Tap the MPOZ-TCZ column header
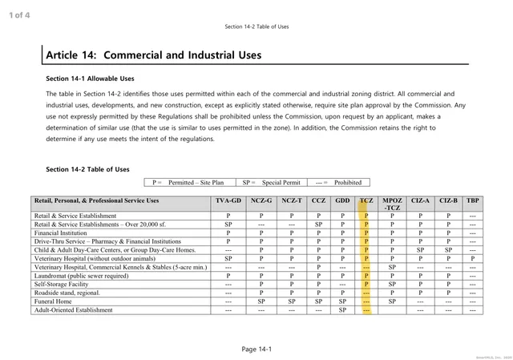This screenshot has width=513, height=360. pyautogui.click(x=393, y=204)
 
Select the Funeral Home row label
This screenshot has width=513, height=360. pyautogui.click(x=52, y=301)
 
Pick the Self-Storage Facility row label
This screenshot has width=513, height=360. pyautogui.click(x=61, y=284)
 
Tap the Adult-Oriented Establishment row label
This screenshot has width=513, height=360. pyautogui.click(x=74, y=309)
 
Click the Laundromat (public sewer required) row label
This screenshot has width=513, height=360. pyautogui.click(x=81, y=275)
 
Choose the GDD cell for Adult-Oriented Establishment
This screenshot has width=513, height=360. pyautogui.click(x=342, y=309)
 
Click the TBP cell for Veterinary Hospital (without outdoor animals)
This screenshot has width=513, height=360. pyautogui.click(x=473, y=258)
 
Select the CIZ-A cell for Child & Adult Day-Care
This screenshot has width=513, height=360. pyautogui.click(x=419, y=249)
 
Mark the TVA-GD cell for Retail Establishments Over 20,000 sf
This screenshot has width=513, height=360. pyautogui.click(x=228, y=224)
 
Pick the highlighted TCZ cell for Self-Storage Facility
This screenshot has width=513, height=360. pyautogui.click(x=366, y=284)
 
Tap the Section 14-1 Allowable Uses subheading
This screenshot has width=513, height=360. pyautogui.click(x=90, y=79)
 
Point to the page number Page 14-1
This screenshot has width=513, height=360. pyautogui.click(x=257, y=349)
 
